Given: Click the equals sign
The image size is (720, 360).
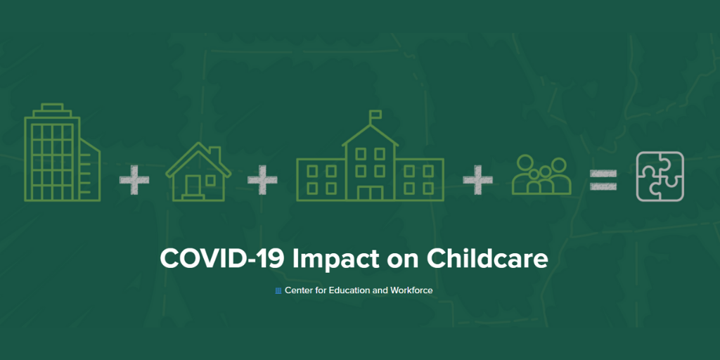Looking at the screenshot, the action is tap(603, 180).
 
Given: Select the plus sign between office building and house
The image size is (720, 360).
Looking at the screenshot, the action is tap(134, 180).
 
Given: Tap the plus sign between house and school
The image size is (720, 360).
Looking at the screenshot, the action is tap(262, 180).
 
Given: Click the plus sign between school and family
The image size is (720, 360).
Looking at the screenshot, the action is tap(477, 180).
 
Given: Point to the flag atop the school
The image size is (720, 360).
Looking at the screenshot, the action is tap(375, 113).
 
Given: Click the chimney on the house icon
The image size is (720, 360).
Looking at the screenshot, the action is tap(214, 153).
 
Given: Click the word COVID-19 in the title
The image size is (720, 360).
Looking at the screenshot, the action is tap(223, 259).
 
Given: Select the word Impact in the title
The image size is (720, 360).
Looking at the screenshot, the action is tap(335, 259).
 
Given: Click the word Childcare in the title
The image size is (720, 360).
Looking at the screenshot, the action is tap(487, 259).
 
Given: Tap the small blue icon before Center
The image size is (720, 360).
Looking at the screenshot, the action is tap(278, 290).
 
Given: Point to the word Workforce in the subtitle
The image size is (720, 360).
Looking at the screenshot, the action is tap(411, 290).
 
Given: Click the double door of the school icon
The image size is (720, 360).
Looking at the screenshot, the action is tap(370, 193).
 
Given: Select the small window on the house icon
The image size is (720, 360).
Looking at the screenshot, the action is tap(210, 180).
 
